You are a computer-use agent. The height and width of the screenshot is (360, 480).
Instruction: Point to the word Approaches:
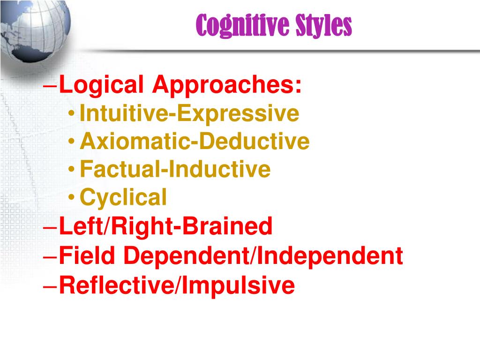227,86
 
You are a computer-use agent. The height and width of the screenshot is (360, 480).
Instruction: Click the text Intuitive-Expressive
189,113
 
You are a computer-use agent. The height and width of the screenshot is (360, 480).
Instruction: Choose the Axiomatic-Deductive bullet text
195,141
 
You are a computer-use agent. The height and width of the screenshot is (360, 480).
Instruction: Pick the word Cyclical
123,197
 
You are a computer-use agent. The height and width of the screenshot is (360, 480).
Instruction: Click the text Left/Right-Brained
166,227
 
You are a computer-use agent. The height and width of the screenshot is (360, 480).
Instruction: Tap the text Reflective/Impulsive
177,285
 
